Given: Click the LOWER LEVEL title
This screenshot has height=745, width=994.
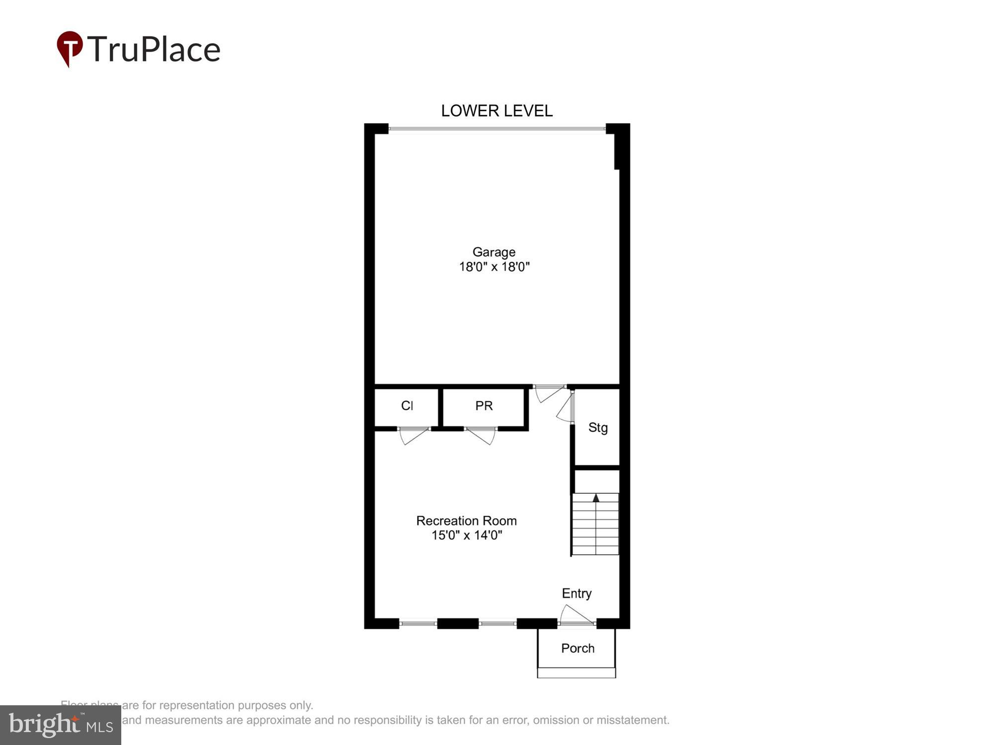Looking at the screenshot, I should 497,111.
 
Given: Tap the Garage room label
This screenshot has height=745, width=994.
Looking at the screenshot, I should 494,252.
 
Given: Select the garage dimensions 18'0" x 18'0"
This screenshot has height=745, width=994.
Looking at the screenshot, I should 494,267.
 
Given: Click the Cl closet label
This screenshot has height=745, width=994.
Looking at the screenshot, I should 407,406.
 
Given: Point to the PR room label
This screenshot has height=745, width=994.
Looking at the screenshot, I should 484,406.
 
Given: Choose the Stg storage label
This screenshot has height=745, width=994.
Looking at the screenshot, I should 598,428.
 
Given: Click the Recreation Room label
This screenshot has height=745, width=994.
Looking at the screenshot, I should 466,521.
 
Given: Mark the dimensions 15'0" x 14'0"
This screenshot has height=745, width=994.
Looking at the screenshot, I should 467,535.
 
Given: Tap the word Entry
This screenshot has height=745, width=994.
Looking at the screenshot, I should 577,594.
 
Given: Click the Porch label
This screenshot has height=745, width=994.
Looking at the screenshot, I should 578,648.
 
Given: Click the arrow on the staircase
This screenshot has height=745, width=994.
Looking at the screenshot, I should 596,498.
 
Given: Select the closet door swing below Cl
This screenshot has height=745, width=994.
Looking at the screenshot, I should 413,436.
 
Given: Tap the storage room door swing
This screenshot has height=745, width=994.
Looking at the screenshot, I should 565,409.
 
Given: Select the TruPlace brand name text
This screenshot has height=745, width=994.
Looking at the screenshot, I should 154,49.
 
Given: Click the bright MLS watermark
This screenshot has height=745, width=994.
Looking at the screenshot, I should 61,725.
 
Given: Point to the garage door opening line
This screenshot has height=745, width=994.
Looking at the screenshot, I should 497,129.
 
